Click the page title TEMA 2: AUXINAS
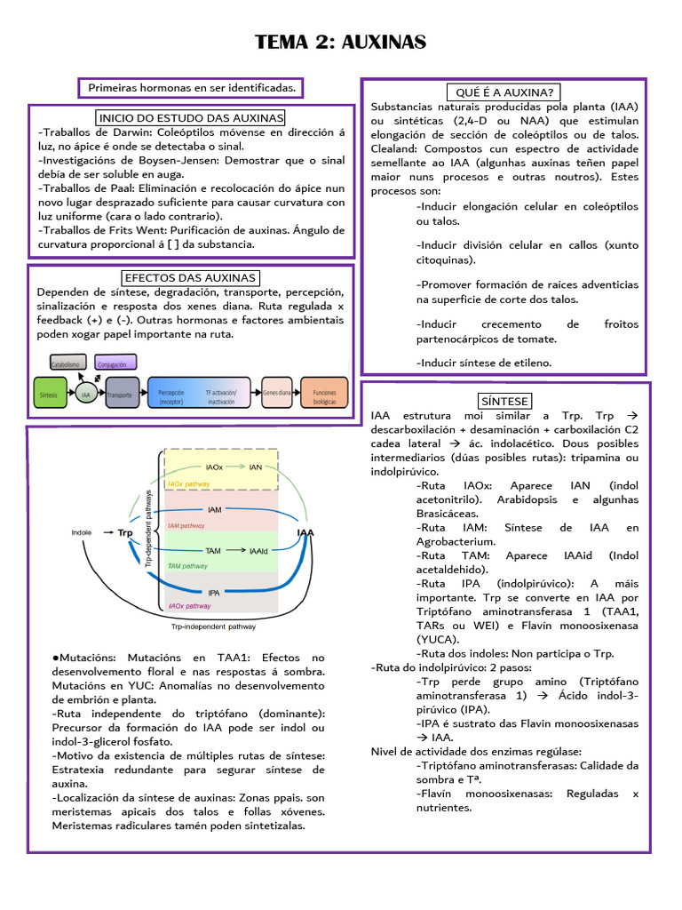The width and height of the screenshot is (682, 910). [x=341, y=42]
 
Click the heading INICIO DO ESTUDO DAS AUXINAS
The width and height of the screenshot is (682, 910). [x=191, y=117]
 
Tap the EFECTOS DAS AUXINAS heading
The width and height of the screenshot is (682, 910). [x=191, y=278]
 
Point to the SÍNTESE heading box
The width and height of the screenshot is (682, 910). [x=504, y=401]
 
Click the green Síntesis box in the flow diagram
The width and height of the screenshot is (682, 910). [x=49, y=392]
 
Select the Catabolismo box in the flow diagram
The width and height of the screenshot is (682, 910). [x=67, y=364]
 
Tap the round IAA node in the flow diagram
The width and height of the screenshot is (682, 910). [x=85, y=393]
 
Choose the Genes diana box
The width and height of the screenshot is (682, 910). [x=277, y=392]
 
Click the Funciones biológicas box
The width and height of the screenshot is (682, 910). [x=324, y=392]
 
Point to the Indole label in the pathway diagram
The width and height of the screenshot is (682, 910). [x=82, y=532]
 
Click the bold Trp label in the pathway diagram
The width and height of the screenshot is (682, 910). [x=124, y=532]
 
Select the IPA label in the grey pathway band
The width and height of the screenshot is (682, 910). [x=214, y=592]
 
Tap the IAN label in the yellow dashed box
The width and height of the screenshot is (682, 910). [x=256, y=466]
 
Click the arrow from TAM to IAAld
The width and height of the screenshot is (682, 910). [x=235, y=551]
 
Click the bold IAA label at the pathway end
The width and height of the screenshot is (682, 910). [x=305, y=532]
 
